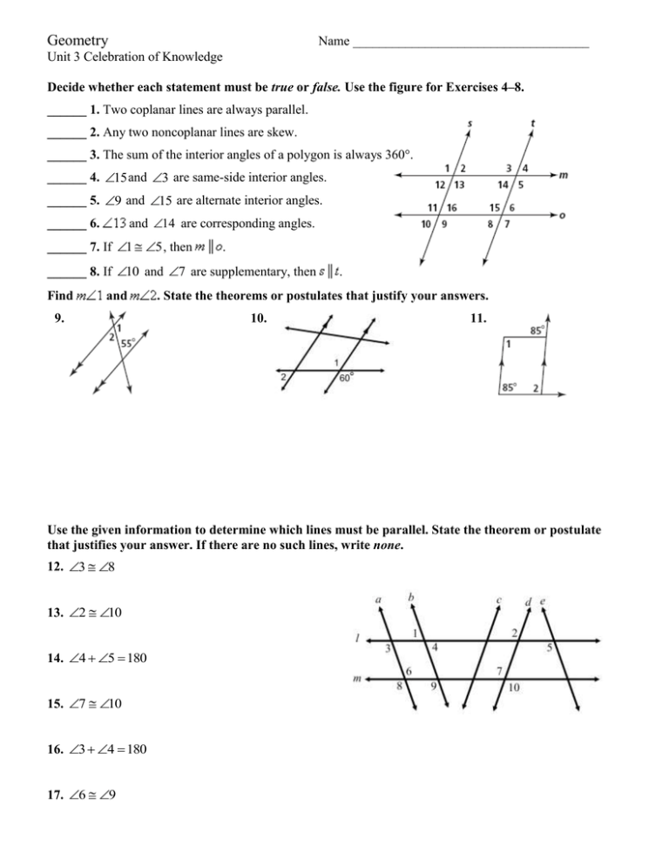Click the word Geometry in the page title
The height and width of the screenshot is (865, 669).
click(x=78, y=41)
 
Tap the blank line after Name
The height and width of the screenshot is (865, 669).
click(x=471, y=43)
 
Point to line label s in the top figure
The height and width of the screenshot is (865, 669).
click(x=471, y=124)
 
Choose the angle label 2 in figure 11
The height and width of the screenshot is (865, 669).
click(x=536, y=386)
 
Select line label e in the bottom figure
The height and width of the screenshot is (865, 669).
click(x=544, y=600)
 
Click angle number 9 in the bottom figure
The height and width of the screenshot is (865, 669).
click(x=434, y=687)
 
